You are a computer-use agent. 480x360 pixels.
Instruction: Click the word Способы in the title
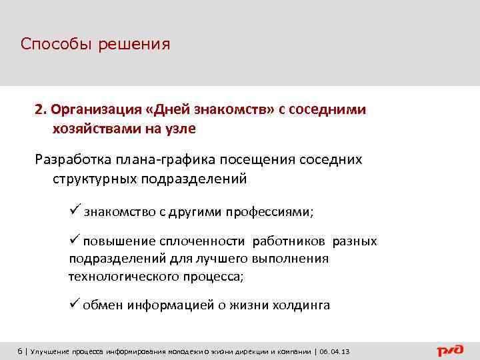click(56, 45)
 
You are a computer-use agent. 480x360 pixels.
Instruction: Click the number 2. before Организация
click(41, 109)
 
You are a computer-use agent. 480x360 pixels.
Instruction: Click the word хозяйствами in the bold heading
click(94, 127)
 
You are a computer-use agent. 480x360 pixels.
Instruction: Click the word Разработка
click(73, 160)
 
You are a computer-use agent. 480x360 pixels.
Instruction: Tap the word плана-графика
click(160, 160)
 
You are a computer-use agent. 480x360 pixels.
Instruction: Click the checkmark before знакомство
click(74, 211)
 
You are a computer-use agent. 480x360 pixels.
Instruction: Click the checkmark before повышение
click(74, 240)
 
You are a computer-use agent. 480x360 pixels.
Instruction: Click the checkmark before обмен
click(74, 305)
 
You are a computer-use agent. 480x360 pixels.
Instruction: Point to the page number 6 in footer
click(20, 351)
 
